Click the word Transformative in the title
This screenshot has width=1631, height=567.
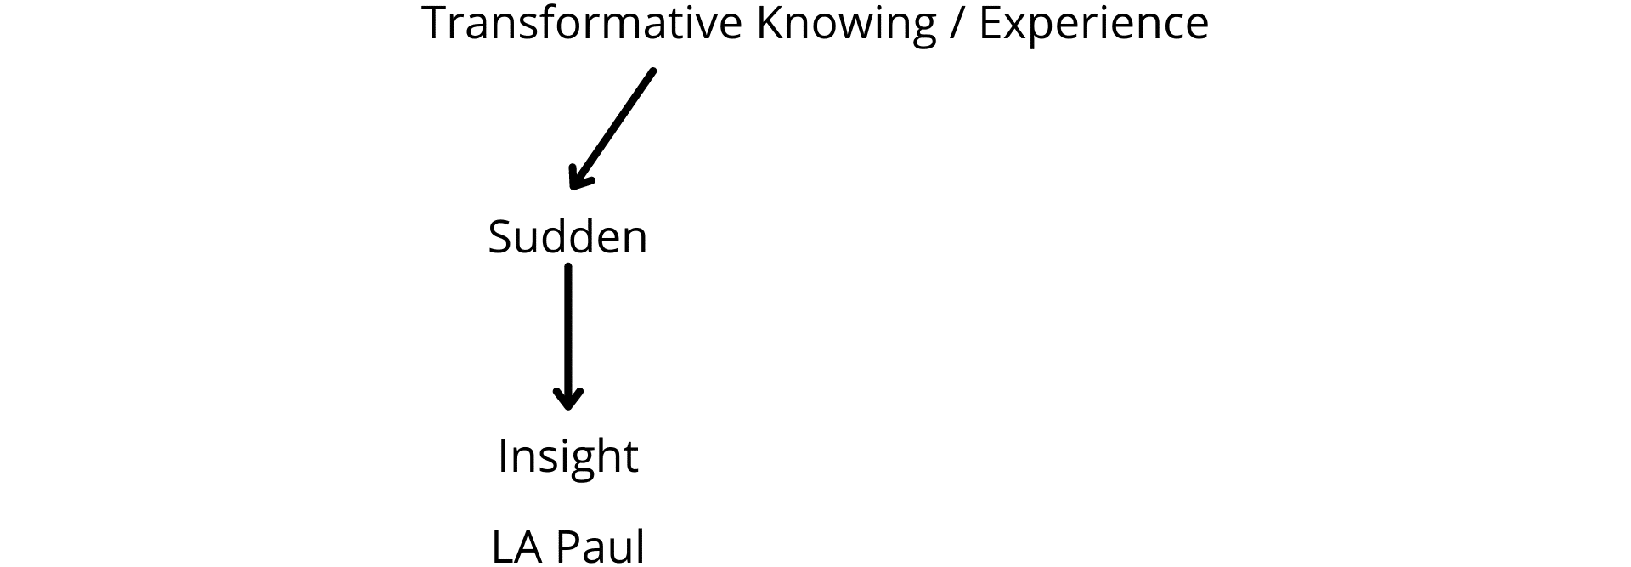tap(582, 23)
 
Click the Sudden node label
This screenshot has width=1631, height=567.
tap(567, 235)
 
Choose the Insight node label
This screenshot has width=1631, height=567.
tap(567, 457)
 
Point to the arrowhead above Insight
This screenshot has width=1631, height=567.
tap(567, 397)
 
